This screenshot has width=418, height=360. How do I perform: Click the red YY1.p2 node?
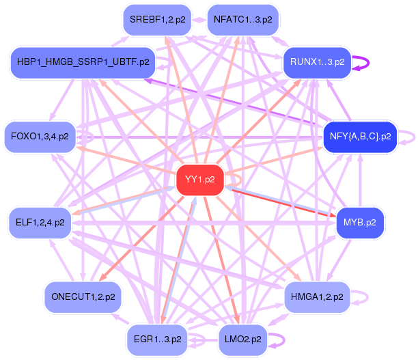[x=200, y=180]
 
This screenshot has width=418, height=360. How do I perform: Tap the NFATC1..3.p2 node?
[x=242, y=20]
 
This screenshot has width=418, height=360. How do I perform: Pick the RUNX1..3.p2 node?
[x=317, y=62]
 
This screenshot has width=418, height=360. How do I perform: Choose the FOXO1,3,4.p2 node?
[x=38, y=136]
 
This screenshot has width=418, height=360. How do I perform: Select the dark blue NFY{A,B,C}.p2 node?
[x=360, y=136]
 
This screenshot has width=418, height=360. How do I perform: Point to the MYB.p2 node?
[x=360, y=222]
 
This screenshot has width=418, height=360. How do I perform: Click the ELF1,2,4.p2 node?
[x=40, y=222]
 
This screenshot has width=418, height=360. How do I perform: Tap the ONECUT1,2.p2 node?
[x=83, y=297]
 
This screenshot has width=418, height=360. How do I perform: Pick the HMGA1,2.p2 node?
[x=317, y=297]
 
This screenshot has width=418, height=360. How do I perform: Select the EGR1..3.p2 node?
[x=158, y=338]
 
